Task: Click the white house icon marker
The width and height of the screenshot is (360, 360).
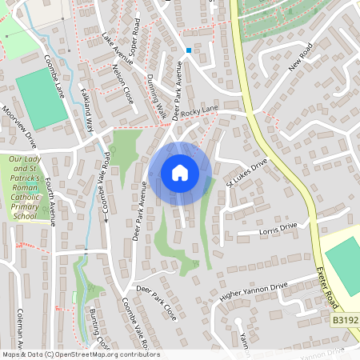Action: [180, 173]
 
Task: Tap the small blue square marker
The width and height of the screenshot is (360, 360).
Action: [189, 50]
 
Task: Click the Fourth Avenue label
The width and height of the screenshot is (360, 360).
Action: [50, 202]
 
